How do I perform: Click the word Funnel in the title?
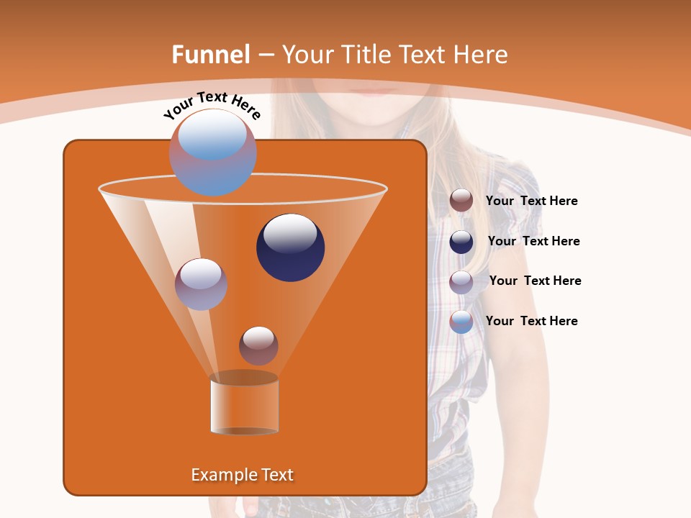coord(211,55)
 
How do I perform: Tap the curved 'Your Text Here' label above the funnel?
coord(212,106)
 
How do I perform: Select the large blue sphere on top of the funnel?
coord(213,152)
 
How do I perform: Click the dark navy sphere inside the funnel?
coord(291,247)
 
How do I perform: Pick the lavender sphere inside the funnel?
coord(201,284)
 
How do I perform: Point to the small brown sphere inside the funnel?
coord(258,345)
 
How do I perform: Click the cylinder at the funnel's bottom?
coord(244,406)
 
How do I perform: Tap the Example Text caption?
coord(243,475)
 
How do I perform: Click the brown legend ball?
coord(461,201)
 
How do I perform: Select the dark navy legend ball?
coord(461,242)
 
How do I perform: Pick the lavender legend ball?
coord(461,281)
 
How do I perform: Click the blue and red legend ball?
coord(461,322)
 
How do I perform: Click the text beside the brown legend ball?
coord(531,201)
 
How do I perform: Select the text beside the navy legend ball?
coord(533,241)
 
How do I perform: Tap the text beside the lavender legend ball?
coord(535,281)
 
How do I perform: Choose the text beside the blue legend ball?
coord(531,321)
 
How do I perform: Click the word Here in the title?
coord(481,55)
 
